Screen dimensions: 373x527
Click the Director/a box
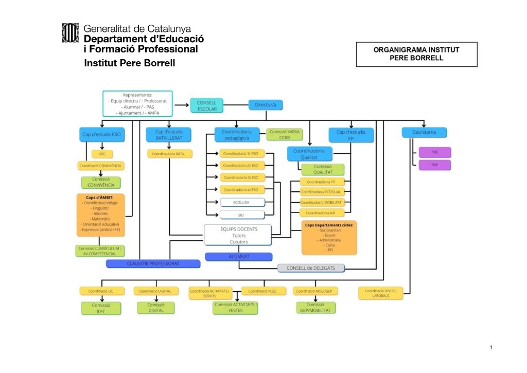(x=266, y=105)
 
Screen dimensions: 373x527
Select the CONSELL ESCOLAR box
(x=207, y=105)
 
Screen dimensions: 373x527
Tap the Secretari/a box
(x=424, y=132)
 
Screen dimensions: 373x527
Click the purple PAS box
(x=434, y=152)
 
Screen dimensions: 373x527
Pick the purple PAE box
(x=434, y=165)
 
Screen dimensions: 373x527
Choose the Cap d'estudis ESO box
(x=102, y=135)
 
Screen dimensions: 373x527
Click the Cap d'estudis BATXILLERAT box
(x=169, y=135)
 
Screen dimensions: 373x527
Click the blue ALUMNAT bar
(x=238, y=256)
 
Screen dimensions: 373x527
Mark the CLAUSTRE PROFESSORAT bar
(x=153, y=263)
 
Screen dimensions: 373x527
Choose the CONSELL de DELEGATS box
(x=311, y=268)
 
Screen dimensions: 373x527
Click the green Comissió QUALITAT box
(x=323, y=169)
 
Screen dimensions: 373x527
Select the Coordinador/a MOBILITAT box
(x=322, y=202)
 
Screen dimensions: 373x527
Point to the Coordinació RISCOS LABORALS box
(x=381, y=293)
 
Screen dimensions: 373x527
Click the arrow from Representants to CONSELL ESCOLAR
(x=181, y=105)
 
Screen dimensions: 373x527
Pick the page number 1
(x=491, y=348)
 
